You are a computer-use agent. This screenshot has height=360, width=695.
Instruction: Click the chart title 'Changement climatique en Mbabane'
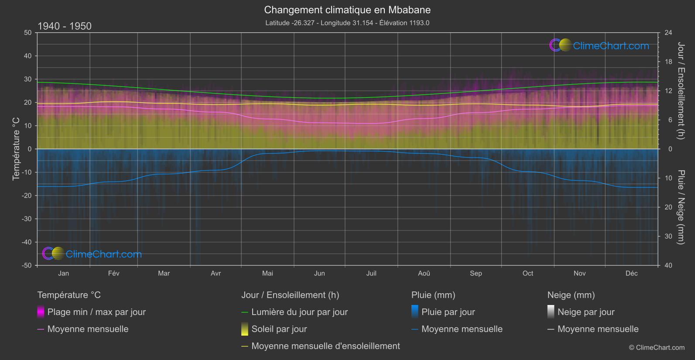pyautogui.click(x=347, y=10)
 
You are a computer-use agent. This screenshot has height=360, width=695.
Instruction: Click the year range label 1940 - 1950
pyautogui.click(x=65, y=26)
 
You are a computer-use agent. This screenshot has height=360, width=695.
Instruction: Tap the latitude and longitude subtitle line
pyautogui.click(x=347, y=23)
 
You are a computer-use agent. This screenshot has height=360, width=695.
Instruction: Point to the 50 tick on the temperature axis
pyautogui.click(x=28, y=33)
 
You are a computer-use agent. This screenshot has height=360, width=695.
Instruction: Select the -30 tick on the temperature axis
pyautogui.click(x=27, y=219)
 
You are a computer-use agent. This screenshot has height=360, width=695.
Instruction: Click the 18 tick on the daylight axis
pyautogui.click(x=668, y=62)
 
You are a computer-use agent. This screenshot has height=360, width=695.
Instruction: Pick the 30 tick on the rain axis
pyautogui.click(x=668, y=237)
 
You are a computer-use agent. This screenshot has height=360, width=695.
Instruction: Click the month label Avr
pyautogui.click(x=216, y=274)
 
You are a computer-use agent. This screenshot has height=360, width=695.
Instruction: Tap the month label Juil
pyautogui.click(x=371, y=274)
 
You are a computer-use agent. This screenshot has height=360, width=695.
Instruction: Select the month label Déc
pyautogui.click(x=631, y=274)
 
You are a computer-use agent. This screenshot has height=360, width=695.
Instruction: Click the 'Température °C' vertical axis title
pyautogui.click(x=16, y=149)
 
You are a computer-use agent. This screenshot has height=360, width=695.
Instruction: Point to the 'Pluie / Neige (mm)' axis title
pyautogui.click(x=681, y=207)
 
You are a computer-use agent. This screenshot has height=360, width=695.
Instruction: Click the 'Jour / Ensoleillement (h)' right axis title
pyautogui.click(x=681, y=91)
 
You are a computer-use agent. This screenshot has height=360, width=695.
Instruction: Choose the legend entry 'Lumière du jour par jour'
pyautogui.click(x=299, y=312)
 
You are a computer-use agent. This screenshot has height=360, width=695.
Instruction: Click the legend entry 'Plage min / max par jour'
pyautogui.click(x=96, y=312)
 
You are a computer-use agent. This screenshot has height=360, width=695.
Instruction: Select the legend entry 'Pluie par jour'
pyautogui.click(x=448, y=312)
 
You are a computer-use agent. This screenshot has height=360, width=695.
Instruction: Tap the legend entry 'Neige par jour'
pyautogui.click(x=586, y=312)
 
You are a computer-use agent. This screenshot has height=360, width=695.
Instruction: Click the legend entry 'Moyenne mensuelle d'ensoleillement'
pyautogui.click(x=325, y=346)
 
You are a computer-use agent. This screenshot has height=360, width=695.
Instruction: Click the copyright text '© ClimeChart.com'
pyautogui.click(x=657, y=348)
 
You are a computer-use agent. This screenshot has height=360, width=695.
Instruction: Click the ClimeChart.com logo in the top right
pyautogui.click(x=599, y=45)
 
